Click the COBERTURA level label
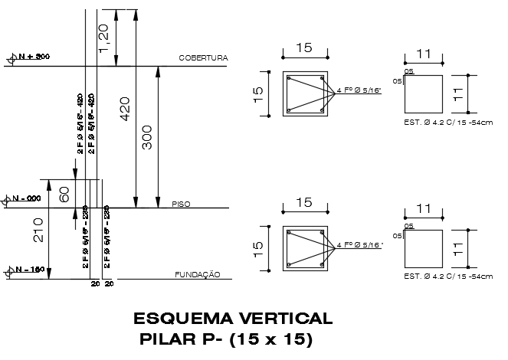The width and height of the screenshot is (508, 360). [204, 58]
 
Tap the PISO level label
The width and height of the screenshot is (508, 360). [181, 204]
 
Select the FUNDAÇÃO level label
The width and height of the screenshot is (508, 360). [198, 273]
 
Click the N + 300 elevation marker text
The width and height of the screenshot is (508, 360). [34, 57]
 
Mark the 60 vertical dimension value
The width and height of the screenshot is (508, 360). [64, 194]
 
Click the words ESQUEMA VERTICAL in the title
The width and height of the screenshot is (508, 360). [233, 318]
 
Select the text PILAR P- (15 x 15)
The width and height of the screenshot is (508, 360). [227, 339]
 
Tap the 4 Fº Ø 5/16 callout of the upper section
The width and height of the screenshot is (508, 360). [359, 90]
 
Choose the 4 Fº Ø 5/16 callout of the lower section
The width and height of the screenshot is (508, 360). [359, 245]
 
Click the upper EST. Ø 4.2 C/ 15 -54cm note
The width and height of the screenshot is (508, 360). [447, 123]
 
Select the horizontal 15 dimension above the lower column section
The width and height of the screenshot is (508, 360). [304, 202]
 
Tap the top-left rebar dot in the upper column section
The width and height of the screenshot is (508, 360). [290, 78]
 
